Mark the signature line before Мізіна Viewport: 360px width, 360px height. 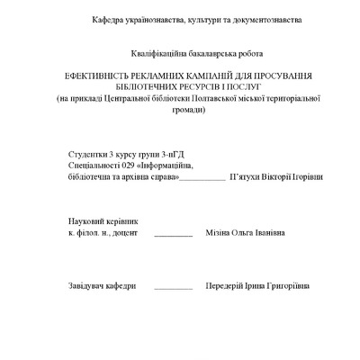point(174,234)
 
